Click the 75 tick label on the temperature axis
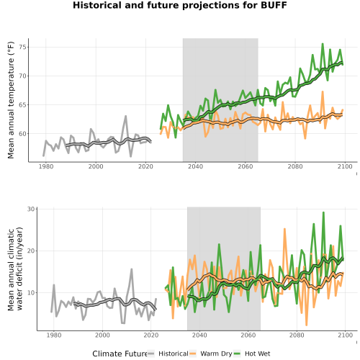click(x=22, y=47)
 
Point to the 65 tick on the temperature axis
click(x=22, y=105)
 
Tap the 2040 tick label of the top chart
click(x=195, y=166)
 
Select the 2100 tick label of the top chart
click(x=345, y=166)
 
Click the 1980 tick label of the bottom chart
click(x=54, y=335)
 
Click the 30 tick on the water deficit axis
click(x=31, y=209)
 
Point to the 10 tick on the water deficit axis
click(x=31, y=293)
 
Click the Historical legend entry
click(x=168, y=354)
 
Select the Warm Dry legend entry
click(x=210, y=354)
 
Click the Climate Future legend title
click(x=120, y=354)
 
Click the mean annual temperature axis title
click(x=11, y=100)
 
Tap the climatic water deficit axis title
click(x=15, y=269)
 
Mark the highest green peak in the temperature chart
click(x=323, y=44)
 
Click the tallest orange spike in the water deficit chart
click(x=284, y=229)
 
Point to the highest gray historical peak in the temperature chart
click(x=125, y=116)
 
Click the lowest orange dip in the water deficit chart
click(x=307, y=325)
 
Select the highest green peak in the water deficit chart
click(x=323, y=212)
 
